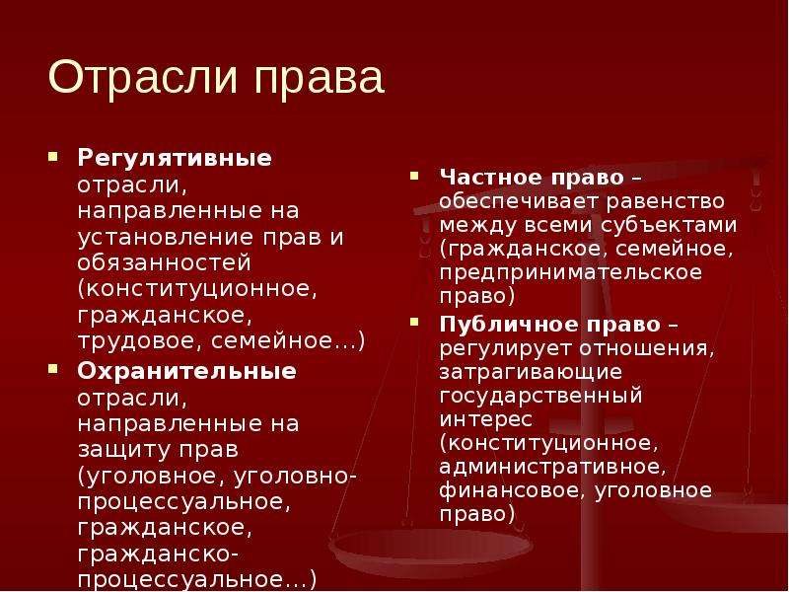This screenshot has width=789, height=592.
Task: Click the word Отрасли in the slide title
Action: coord(143,77)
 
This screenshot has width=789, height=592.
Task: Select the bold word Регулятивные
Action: coord(175,159)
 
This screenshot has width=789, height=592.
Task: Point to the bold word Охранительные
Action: coord(186,371)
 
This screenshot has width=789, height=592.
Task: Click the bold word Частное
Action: coord(481,178)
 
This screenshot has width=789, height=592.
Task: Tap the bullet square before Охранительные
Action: coord(53,369)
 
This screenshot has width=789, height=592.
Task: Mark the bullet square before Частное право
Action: coord(414,176)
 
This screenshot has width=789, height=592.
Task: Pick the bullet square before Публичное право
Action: coord(414,323)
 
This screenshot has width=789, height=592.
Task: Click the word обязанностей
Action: coord(164,262)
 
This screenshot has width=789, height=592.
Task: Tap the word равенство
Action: coord(665,201)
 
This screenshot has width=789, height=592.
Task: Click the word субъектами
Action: coord(669,225)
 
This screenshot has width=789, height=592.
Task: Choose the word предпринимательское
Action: coord(571,273)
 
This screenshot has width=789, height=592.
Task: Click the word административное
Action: coord(552,467)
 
